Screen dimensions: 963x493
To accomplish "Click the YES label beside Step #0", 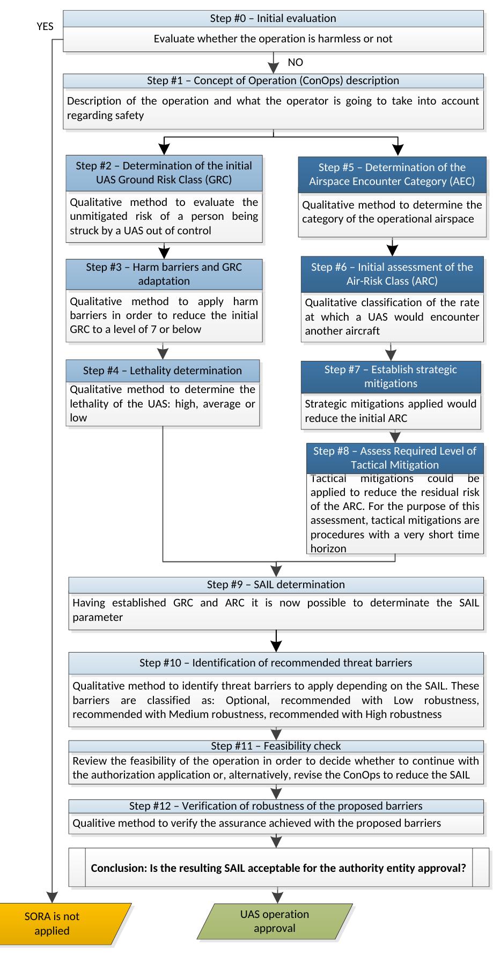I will coord(45,26).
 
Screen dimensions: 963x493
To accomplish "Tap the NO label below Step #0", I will coord(296,63).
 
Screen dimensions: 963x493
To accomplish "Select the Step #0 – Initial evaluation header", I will coord(273,18).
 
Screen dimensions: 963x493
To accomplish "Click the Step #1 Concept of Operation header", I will coord(273,80).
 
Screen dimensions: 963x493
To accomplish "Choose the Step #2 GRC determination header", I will coord(164,173).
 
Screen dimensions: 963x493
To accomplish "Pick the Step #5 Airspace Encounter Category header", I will coord(392,174).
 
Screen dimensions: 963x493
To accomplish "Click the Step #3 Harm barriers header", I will coord(164,274).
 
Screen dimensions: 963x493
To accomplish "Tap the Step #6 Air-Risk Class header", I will coord(392,274).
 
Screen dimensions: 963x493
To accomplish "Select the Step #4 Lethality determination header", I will coord(163,371).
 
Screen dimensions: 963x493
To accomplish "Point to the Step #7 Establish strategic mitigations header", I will coord(391,376).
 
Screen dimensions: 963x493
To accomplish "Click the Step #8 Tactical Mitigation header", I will coord(395,458).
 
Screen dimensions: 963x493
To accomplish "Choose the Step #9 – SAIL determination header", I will coord(276,584).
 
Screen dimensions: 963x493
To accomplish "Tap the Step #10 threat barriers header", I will coord(276,663).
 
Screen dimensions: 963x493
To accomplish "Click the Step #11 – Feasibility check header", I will coord(276,746).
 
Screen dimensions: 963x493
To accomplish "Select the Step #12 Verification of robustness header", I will coord(276,806).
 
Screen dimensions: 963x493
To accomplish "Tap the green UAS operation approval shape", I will coord(275,921).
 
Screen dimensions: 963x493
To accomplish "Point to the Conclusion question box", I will coord(278,867).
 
